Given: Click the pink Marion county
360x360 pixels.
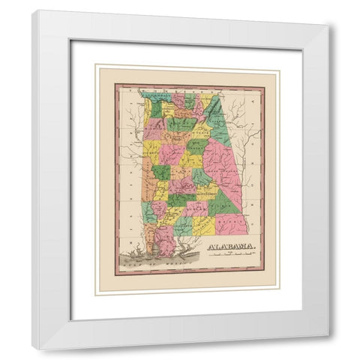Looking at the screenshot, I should pos(155,129).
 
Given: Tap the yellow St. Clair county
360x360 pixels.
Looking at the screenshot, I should pos(201,133).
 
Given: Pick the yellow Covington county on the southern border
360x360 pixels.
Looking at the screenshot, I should pos(203,225).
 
